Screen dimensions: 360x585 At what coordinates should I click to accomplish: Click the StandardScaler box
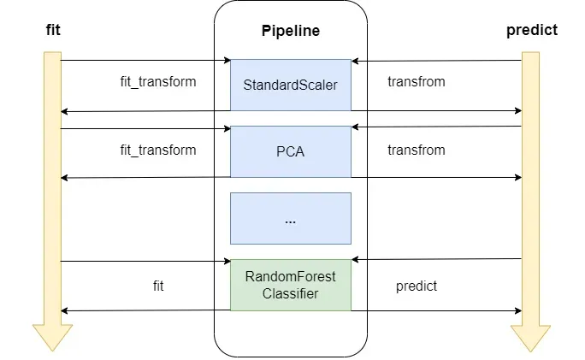click(291, 85)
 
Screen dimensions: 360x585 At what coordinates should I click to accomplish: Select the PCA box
click(291, 152)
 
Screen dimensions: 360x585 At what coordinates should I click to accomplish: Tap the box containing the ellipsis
click(291, 218)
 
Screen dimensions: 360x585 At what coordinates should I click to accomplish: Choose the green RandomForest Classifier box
click(291, 285)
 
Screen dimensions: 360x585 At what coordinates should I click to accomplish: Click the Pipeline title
click(290, 32)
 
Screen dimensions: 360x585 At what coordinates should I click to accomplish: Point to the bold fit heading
click(52, 31)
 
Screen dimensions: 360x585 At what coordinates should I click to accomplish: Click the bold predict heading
click(531, 30)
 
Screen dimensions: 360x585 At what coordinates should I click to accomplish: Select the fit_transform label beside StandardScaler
click(158, 83)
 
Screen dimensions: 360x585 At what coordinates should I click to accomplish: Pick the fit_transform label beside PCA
click(158, 150)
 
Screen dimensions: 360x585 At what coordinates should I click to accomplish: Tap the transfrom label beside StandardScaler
click(417, 83)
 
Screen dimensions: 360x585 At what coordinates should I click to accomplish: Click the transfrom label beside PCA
click(417, 150)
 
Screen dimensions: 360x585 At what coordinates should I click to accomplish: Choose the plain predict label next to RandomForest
click(417, 286)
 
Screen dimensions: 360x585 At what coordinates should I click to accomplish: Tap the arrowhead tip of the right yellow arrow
click(530, 350)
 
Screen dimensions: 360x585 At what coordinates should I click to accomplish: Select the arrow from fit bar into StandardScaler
click(145, 61)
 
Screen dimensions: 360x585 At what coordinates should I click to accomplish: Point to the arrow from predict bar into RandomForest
click(436, 259)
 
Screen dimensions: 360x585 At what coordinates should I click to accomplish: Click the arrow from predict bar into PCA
click(436, 127)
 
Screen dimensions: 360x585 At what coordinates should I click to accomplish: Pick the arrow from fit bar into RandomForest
click(145, 262)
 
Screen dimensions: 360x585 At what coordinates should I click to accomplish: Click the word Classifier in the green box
click(291, 293)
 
